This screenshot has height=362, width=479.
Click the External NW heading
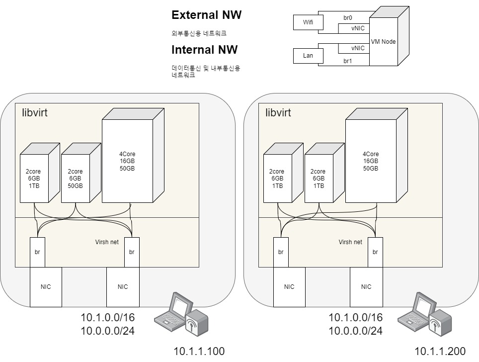206,15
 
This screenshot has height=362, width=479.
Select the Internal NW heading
204,50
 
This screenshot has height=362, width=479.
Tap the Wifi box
308,22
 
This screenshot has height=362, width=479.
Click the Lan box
308,55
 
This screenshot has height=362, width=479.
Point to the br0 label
348,17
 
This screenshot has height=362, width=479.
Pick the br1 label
348,61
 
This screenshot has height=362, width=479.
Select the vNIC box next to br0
354,28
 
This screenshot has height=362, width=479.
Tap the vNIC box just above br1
354,48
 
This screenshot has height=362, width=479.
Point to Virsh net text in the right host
350,242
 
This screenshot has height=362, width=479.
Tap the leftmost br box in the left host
37,252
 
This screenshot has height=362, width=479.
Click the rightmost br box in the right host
375,252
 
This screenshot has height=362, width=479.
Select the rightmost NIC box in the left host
123,287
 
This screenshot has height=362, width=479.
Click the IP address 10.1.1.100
199,352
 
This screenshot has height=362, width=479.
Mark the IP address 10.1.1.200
440,352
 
